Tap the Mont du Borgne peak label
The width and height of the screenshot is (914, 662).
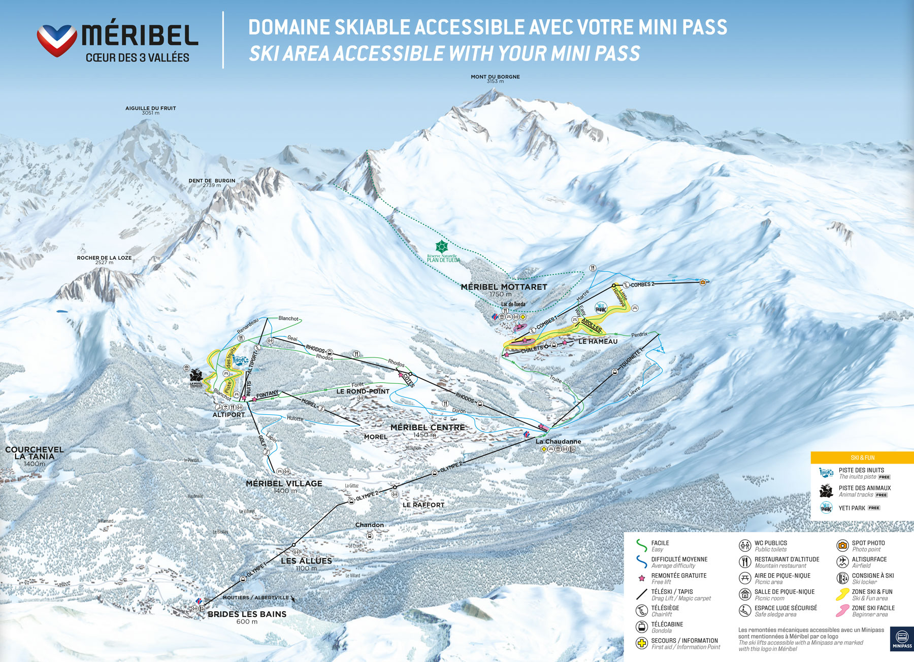tap(495, 77)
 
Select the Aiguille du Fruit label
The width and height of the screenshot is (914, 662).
tap(150, 108)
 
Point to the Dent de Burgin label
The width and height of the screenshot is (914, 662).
tap(212, 181)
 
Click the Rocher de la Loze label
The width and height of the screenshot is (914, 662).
tap(104, 258)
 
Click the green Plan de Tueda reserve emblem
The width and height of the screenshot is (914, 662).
tap(442, 247)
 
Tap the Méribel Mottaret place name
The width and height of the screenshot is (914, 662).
tap(504, 287)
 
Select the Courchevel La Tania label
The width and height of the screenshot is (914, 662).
tap(34, 453)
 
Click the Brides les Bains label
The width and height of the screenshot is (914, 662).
tap(247, 614)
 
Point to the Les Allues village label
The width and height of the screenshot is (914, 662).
tap(306, 561)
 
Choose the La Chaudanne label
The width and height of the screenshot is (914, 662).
tap(558, 442)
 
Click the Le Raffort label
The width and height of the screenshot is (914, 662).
tap(423, 505)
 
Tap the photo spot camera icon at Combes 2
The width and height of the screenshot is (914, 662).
tap(703, 282)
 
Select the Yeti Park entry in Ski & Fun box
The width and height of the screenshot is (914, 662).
tap(852, 508)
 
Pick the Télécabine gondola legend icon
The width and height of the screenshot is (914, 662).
tap(641, 627)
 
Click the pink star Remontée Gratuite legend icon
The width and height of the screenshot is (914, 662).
tap(641, 578)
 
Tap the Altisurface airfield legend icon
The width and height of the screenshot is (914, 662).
tap(842, 562)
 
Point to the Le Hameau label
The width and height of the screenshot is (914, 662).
tap(598, 342)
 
